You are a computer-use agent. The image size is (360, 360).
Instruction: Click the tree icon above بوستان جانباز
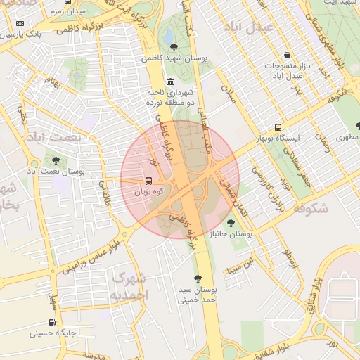click(x=231, y=222)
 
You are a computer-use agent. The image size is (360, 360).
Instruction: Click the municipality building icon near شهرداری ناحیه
click(x=171, y=82)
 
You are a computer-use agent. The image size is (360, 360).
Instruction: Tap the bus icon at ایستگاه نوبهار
click(x=278, y=128)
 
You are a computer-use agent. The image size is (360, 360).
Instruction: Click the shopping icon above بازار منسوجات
click(x=287, y=56)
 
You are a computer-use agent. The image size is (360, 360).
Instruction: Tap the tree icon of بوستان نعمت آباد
click(x=56, y=160)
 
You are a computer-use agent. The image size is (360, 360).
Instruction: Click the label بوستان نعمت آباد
click(x=56, y=171)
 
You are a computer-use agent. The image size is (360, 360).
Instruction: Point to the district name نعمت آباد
click(x=54, y=138)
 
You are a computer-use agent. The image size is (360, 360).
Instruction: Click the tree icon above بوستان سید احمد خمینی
click(x=198, y=278)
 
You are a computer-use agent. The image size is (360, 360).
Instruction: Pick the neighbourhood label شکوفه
click(x=309, y=208)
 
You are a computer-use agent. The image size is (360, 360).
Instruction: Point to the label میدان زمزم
click(x=70, y=12)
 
